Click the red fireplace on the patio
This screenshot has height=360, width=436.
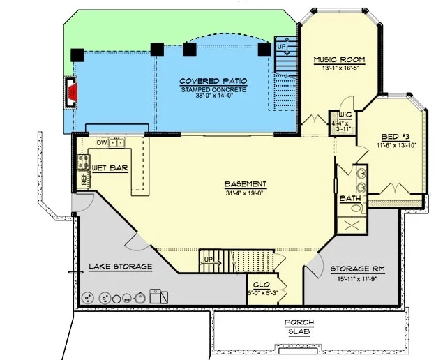point(73,92)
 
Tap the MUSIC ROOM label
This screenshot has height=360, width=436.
point(339,60)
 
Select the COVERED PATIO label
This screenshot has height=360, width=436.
point(213,81)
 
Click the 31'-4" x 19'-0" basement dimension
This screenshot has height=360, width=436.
point(245,193)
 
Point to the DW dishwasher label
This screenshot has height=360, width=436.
point(102,143)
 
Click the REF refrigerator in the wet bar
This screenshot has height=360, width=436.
point(84,179)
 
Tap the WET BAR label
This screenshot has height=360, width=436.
point(110,168)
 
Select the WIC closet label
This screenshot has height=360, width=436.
point(345,115)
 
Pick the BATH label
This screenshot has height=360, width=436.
point(350,198)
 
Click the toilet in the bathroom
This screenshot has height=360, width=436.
point(358,208)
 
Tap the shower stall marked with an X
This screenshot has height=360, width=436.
point(352,225)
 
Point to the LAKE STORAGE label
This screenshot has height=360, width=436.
point(121,267)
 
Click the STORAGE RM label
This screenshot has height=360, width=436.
point(358,269)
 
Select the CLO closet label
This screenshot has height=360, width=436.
point(262,285)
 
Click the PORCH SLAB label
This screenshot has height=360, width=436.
point(299,327)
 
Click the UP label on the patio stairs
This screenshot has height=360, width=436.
point(281,47)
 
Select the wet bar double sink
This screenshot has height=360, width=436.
point(116,142)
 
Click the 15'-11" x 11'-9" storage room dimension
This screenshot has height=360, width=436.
point(357,279)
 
